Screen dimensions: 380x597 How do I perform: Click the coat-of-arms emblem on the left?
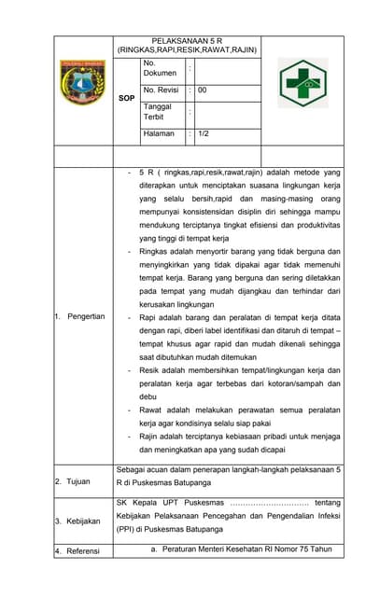[x=84, y=83]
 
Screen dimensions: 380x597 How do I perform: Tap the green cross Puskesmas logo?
[x=303, y=83]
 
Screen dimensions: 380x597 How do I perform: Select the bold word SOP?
[x=127, y=98]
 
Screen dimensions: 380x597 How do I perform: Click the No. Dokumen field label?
[x=160, y=68]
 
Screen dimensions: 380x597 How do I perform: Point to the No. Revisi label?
[x=161, y=90]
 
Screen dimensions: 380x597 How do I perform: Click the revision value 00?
[x=203, y=90]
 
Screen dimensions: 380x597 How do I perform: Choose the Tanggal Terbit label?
[x=158, y=113]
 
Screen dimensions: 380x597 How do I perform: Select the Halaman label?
[x=159, y=134]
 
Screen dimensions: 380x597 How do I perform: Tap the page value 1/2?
[x=204, y=134]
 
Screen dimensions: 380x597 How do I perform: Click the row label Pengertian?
[x=85, y=316]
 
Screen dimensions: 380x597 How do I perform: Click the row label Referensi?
[x=82, y=551]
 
